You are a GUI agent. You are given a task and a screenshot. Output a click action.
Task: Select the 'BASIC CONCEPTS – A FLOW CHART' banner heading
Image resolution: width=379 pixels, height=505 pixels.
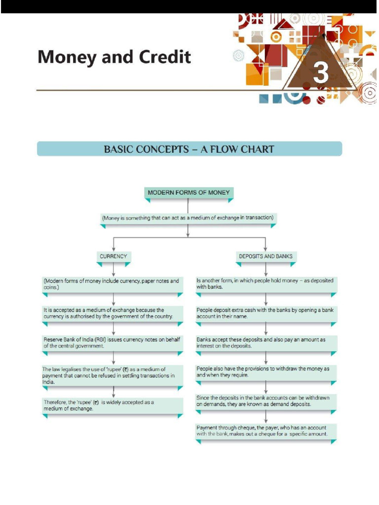point(189,149)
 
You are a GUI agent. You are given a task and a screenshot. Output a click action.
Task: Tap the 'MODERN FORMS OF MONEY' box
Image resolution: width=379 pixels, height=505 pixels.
point(189,193)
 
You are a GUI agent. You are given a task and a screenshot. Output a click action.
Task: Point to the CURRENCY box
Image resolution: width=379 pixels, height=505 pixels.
point(114,256)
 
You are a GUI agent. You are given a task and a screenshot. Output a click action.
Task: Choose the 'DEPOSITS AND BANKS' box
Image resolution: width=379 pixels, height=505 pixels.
point(265,256)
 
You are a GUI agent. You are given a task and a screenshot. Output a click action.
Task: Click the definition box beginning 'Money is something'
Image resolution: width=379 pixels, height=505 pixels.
point(188,217)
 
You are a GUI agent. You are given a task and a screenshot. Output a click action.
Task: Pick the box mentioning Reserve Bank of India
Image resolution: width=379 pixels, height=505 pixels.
point(113,343)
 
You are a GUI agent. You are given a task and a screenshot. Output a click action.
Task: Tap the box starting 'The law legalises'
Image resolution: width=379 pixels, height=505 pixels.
point(113,375)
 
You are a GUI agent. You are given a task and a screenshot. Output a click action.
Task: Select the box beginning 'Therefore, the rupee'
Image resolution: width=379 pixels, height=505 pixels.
point(113,405)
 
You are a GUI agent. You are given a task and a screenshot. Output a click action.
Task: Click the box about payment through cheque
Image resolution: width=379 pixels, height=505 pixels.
point(266,431)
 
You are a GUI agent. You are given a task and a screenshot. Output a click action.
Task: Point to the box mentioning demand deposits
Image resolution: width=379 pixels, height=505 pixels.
point(266,400)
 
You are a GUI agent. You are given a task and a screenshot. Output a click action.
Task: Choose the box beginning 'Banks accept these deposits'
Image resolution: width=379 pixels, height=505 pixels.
point(266,343)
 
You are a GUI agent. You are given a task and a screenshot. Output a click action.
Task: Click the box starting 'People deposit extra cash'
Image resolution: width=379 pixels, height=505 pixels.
point(266,313)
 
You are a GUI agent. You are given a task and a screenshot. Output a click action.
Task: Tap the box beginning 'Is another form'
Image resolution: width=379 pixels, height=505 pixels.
point(266,284)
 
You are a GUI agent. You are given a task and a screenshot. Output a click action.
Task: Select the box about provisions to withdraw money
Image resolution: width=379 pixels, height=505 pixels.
point(266,372)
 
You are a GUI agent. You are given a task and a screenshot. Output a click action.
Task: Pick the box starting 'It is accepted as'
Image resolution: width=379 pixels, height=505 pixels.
point(113,313)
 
